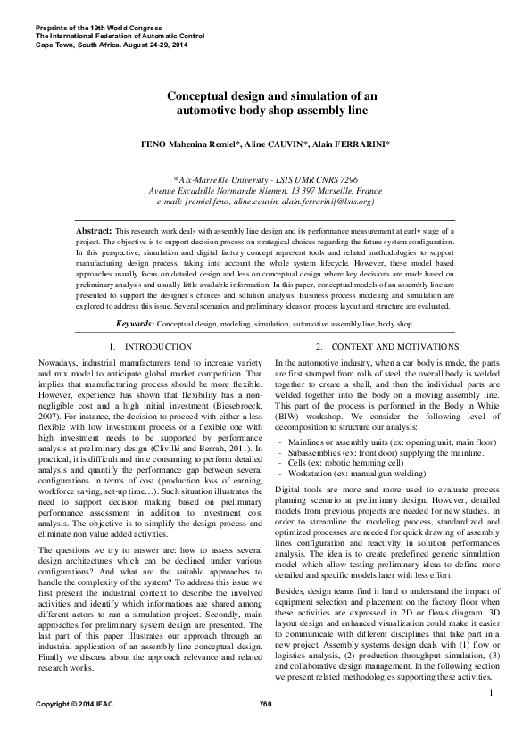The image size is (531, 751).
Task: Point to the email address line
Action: click(265, 202)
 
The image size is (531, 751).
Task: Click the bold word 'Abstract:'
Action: click(95, 230)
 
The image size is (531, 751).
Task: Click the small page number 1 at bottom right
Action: click(491, 717)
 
